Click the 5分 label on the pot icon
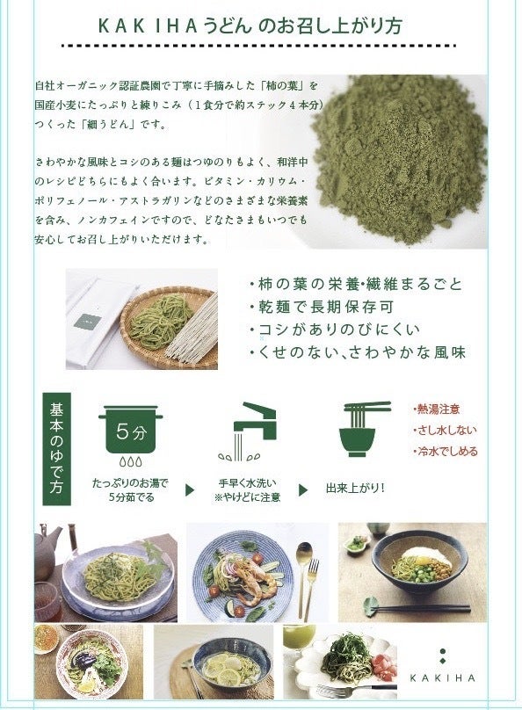[131, 431]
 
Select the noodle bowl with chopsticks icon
[364, 428]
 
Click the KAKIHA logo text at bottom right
[442, 677]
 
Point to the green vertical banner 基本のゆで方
[56, 449]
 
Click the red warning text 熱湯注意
[437, 409]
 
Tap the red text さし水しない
[445, 430]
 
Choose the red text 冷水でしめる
[446, 451]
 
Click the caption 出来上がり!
[355, 489]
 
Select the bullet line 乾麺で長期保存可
[321, 307]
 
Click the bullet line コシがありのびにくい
[334, 330]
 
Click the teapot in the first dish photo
[47, 547]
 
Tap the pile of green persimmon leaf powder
[398, 158]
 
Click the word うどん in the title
[228, 25]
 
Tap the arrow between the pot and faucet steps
[190, 490]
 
